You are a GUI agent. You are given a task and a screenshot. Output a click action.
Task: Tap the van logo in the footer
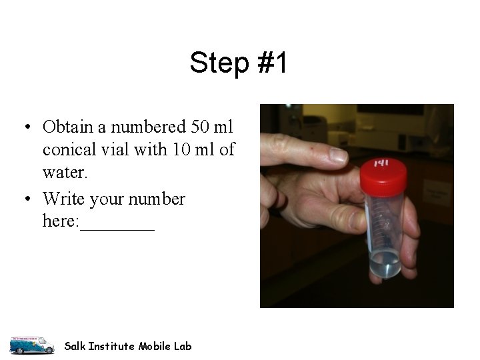coord(32,345)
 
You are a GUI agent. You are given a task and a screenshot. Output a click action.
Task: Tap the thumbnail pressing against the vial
coord(359,219)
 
